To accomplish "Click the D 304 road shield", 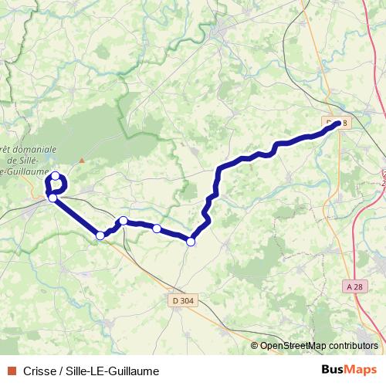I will coord(183,300).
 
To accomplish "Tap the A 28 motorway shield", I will coord(354,286).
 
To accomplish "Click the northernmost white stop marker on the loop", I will coord(56,177).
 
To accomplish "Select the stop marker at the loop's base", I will coord(52,198).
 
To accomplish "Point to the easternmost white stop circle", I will coord(191,242).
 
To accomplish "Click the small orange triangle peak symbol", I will coord(81,160).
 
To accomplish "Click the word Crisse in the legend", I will coord(40,371).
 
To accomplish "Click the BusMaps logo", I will coord(348,371).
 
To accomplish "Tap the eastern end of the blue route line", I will coord(338,124).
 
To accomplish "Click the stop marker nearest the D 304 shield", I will coord(191,242).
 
